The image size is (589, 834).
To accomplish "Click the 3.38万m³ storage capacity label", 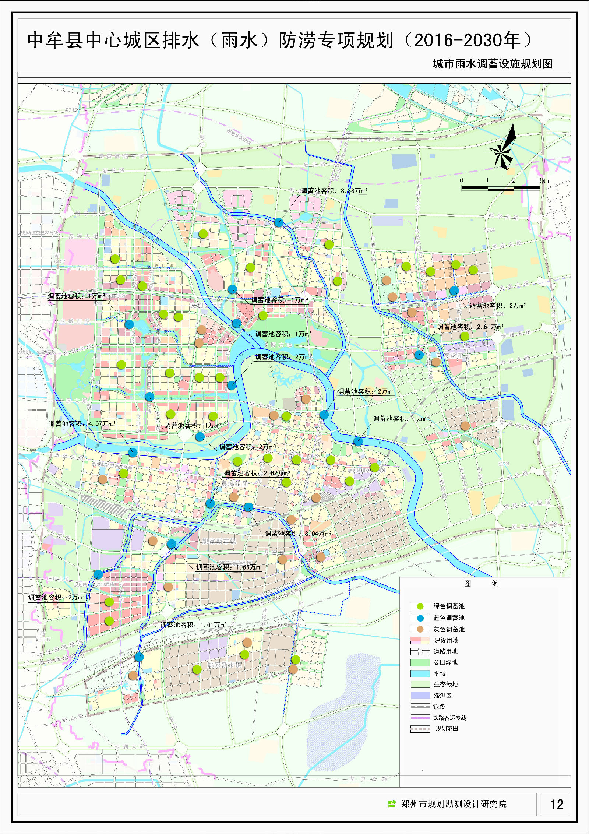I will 334,191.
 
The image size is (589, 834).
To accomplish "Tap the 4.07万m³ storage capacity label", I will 82,424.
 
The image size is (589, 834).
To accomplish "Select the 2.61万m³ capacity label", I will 470,327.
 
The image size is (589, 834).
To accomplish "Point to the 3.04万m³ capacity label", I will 298,534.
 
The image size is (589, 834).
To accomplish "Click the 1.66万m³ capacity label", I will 229,567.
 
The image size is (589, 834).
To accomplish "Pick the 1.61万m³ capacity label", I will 193,625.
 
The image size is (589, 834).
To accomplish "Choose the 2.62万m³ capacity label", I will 257,473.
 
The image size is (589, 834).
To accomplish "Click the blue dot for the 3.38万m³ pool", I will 279,222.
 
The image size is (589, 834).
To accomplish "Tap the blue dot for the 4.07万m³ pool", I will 133,453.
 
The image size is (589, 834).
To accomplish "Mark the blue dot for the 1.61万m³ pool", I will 139,657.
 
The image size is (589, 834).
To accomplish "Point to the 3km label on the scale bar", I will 543,180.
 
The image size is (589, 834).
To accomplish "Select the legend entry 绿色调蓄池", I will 448,606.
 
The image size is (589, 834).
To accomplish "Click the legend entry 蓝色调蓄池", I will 448,618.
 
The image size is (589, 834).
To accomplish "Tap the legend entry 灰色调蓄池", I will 448,629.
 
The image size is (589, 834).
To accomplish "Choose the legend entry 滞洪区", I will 442,696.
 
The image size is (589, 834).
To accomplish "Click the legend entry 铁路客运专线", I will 449,718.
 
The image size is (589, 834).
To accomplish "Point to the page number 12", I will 557,805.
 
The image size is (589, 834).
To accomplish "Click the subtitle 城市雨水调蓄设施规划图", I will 493,64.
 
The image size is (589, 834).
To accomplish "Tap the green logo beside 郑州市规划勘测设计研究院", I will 392,804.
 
